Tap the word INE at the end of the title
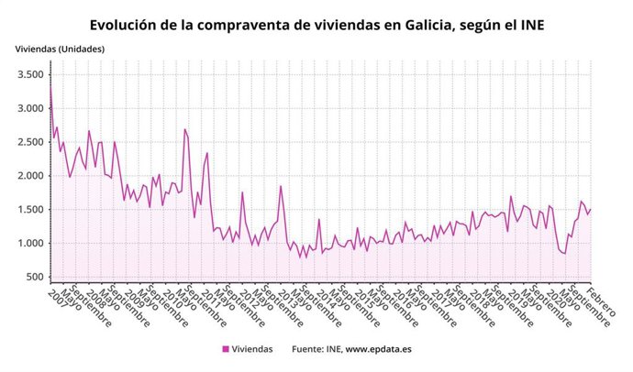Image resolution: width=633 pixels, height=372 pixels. tap(530, 25)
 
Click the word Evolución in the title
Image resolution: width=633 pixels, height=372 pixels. tap(128, 25)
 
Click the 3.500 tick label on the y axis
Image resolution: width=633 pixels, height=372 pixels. tap(30, 74)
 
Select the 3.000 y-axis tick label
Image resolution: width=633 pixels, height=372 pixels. tap(30, 108)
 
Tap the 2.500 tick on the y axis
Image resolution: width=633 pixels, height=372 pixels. tap(30, 142)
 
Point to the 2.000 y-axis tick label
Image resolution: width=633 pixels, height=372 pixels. tap(30, 176)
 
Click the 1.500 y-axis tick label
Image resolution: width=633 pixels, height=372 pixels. tap(30, 210)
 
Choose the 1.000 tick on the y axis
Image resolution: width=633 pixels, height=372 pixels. tap(30, 244)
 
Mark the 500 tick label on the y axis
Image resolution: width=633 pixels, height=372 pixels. tap(36, 277)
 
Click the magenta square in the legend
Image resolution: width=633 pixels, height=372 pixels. tap(225, 349)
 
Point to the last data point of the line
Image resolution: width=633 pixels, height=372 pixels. tap(591, 210)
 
